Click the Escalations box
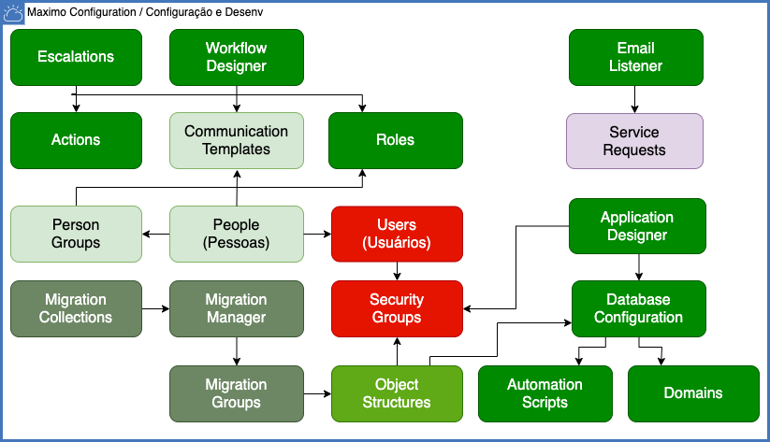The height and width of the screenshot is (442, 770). coord(76,57)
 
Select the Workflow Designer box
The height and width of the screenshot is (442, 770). coord(236,57)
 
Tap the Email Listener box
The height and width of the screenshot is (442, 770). coord(635,57)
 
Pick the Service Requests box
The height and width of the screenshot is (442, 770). coord(635,141)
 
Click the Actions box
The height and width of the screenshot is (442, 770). coord(76,140)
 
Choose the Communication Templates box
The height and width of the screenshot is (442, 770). coord(236,140)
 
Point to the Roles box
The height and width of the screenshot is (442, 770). coord(395,140)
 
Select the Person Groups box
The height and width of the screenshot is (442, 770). coord(76,234)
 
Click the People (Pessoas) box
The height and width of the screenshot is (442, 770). coord(236,234)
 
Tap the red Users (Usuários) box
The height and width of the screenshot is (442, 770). coord(397,234)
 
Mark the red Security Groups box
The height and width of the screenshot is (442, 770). coord(397,308)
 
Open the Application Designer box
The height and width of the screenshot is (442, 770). coord(637,226)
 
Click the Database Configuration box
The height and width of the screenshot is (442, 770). coord(638,308)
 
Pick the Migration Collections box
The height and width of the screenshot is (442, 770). coord(76,308)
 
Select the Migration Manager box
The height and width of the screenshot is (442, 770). coord(236,308)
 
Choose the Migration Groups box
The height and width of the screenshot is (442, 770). coord(236,392)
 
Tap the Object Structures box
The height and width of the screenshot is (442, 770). coord(397,392)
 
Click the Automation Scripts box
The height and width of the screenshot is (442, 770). coord(545,392)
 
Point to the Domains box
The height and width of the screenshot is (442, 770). coord(693,392)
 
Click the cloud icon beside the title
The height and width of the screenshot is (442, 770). coord(14,14)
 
